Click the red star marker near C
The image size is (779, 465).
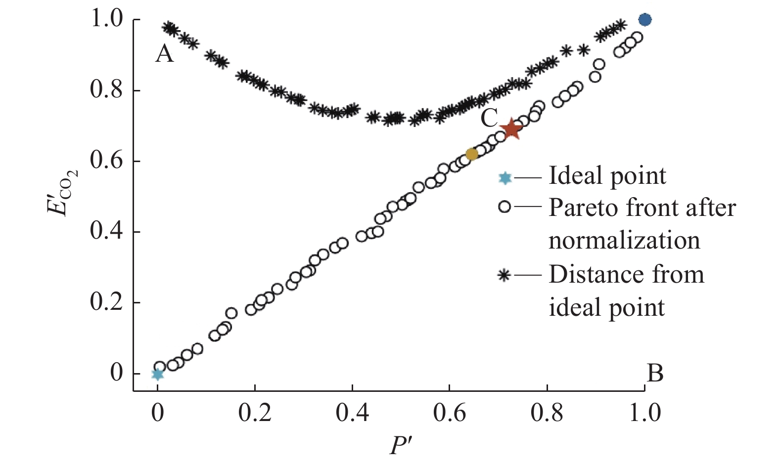[511, 129]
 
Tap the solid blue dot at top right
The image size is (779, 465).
[644, 20]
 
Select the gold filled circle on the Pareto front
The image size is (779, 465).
[472, 154]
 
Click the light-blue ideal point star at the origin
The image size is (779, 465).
[157, 374]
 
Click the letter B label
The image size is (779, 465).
[655, 374]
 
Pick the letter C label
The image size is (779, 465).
[489, 119]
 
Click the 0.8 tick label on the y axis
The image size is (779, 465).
[106, 90]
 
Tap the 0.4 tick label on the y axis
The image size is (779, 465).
[106, 232]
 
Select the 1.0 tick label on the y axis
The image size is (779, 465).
[106, 20]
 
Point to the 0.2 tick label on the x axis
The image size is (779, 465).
[255, 413]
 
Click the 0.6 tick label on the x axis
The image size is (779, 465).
[450, 413]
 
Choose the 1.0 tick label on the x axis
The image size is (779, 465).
[644, 413]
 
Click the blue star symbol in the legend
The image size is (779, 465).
[504, 178]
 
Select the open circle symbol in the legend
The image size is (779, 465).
[504, 207]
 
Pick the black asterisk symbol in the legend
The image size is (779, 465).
[504, 275]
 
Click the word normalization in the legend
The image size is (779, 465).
[624, 241]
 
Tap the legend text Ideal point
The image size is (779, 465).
[607, 176]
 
